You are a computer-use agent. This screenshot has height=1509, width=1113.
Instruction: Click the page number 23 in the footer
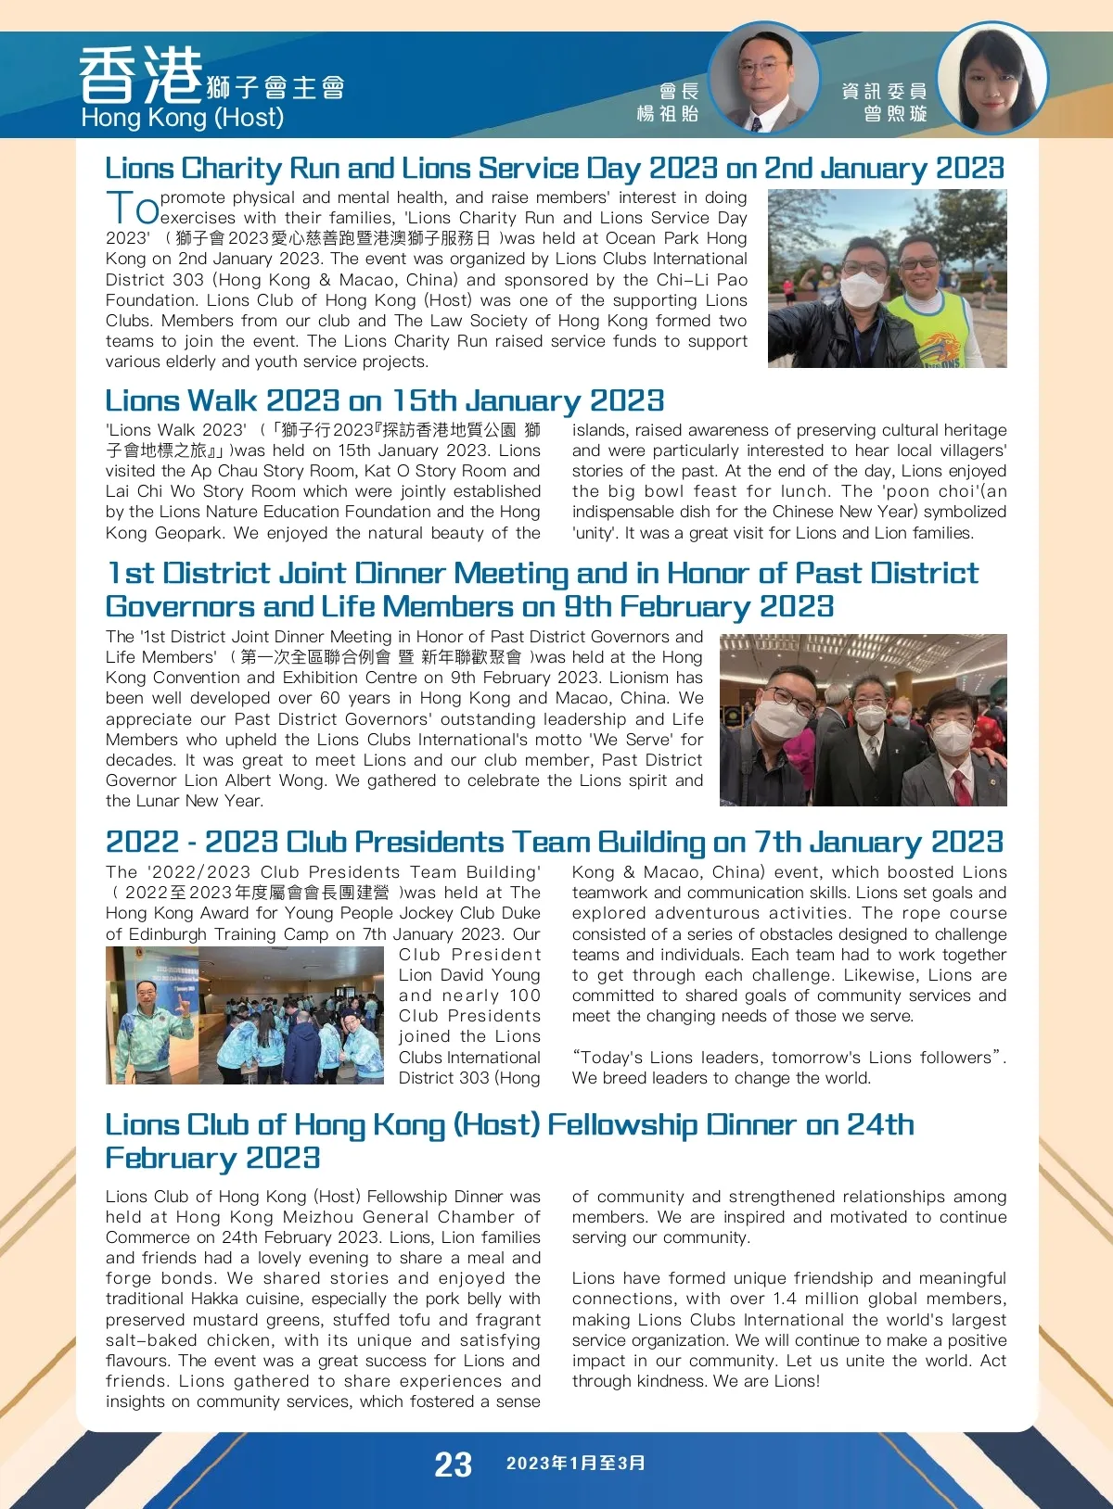pos(453,1465)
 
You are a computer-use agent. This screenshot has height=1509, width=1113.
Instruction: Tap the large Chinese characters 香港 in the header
pos(140,76)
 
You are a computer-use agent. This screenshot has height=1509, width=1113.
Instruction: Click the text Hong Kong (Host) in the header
pos(182,118)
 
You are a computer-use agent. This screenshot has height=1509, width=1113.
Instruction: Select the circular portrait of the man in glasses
pos(763,78)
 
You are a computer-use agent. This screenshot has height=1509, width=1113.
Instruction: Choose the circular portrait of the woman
pos(991,78)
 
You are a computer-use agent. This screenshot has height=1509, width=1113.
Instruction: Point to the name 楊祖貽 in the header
pos(668,114)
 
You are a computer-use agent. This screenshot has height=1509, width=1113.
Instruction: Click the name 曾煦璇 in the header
pos(895,114)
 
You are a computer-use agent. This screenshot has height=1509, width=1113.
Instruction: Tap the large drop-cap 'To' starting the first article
pos(132,207)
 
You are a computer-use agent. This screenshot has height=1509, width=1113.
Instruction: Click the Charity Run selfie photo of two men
pos(888,278)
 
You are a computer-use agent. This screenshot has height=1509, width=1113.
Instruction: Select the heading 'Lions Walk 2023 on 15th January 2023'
pos(384,400)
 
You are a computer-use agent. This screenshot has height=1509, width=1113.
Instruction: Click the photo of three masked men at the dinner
pos(863,719)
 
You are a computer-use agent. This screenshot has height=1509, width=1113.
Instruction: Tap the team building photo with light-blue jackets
pos(245,1015)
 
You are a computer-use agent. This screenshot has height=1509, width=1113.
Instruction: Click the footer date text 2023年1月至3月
pos(576,1464)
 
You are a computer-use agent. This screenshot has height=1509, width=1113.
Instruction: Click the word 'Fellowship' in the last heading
pos(621,1125)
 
